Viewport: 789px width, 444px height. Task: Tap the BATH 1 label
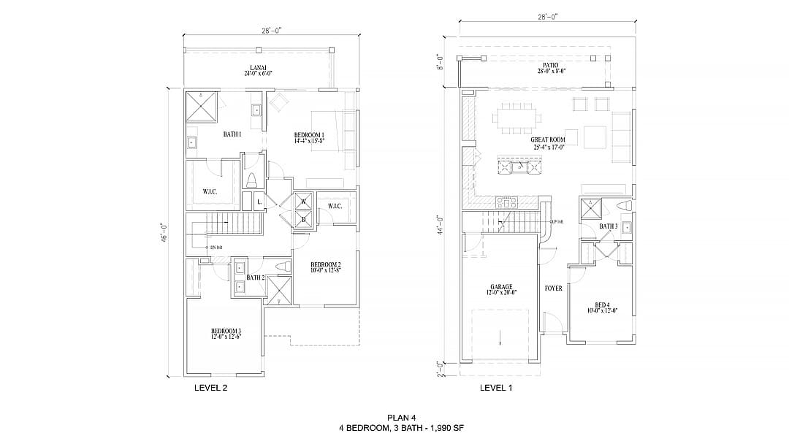232,134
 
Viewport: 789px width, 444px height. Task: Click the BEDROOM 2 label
325,267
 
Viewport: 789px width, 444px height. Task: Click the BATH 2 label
255,277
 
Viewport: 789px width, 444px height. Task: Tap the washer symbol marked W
302,202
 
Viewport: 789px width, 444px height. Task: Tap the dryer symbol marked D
302,218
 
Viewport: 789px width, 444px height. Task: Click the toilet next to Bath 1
252,180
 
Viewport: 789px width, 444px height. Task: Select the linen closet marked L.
259,202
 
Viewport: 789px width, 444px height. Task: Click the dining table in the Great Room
517,115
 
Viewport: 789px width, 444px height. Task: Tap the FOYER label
553,288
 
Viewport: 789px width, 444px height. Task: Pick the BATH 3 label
608,226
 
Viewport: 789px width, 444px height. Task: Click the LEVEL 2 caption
210,388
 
